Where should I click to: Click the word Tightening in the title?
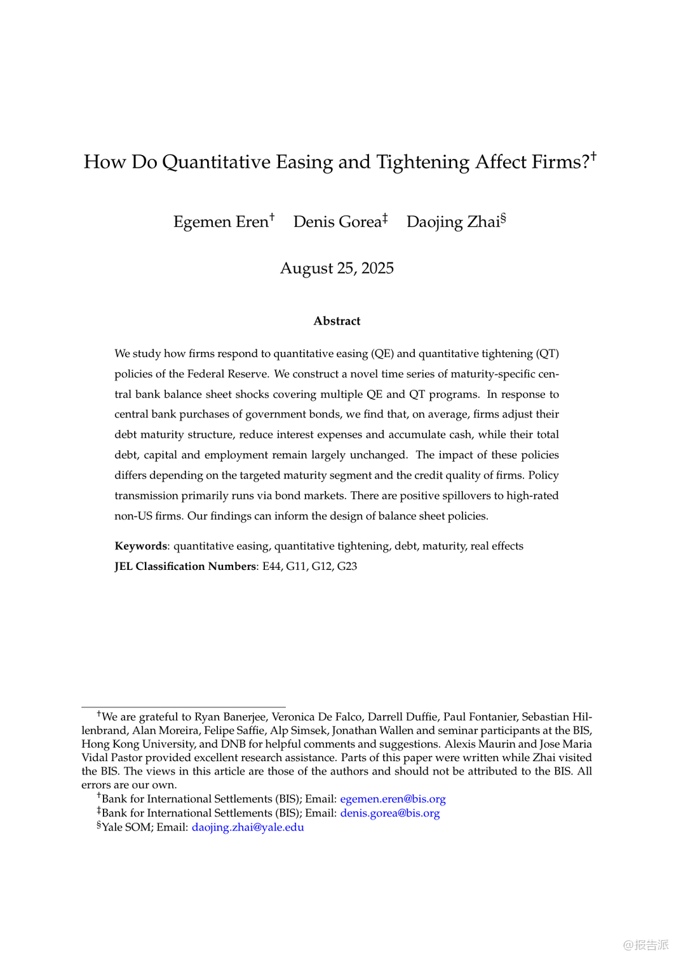[x=423, y=163]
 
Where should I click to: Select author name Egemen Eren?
[x=220, y=222]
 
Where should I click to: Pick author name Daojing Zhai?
[x=453, y=222]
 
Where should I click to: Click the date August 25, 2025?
[x=337, y=268]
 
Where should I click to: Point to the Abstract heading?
[x=337, y=321]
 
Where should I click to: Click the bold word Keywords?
[x=140, y=546]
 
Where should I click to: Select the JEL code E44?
[x=271, y=567]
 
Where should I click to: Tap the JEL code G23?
[x=347, y=567]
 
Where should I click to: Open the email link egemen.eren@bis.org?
[x=393, y=799]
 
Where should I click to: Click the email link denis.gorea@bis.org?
[x=389, y=813]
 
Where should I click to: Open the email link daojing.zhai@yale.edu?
[x=248, y=827]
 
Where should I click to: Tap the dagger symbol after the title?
[x=593, y=155]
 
